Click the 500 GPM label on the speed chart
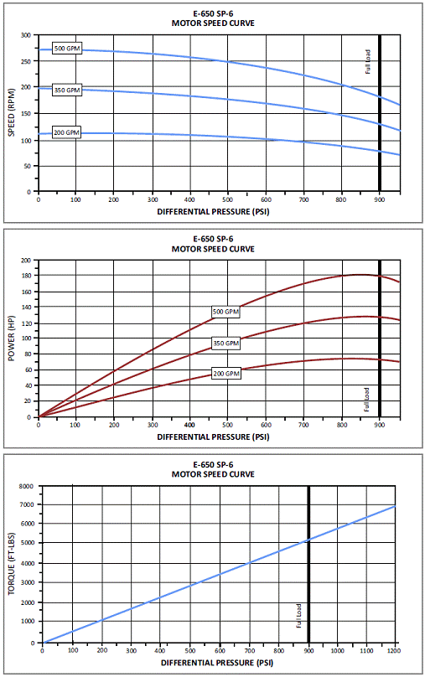click(67, 49)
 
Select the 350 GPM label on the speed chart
click(67, 90)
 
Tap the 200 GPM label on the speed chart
click(66, 132)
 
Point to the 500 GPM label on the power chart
click(225, 312)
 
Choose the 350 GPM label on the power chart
click(225, 344)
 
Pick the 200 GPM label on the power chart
click(225, 374)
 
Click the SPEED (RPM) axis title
click(12, 112)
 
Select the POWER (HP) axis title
click(12, 338)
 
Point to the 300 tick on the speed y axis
click(26, 35)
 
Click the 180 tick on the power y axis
click(26, 276)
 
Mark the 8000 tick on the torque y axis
click(27, 486)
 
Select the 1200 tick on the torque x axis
click(394, 651)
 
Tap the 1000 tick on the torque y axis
click(27, 622)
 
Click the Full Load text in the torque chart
click(298, 616)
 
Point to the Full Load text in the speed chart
click(367, 62)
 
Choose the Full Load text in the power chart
click(366, 400)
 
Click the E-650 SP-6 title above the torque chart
click(213, 464)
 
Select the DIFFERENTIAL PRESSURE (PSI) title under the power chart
click(213, 437)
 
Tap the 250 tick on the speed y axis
click(26, 61)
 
